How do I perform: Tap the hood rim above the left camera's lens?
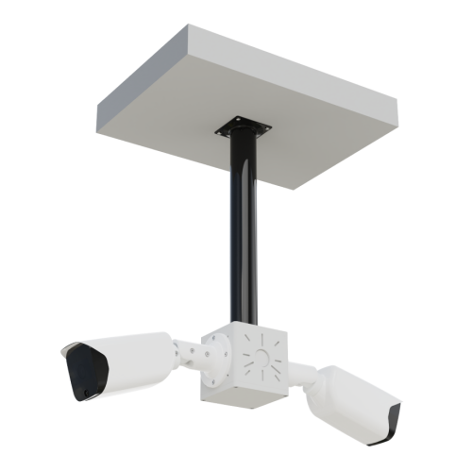click(x=80, y=351)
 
